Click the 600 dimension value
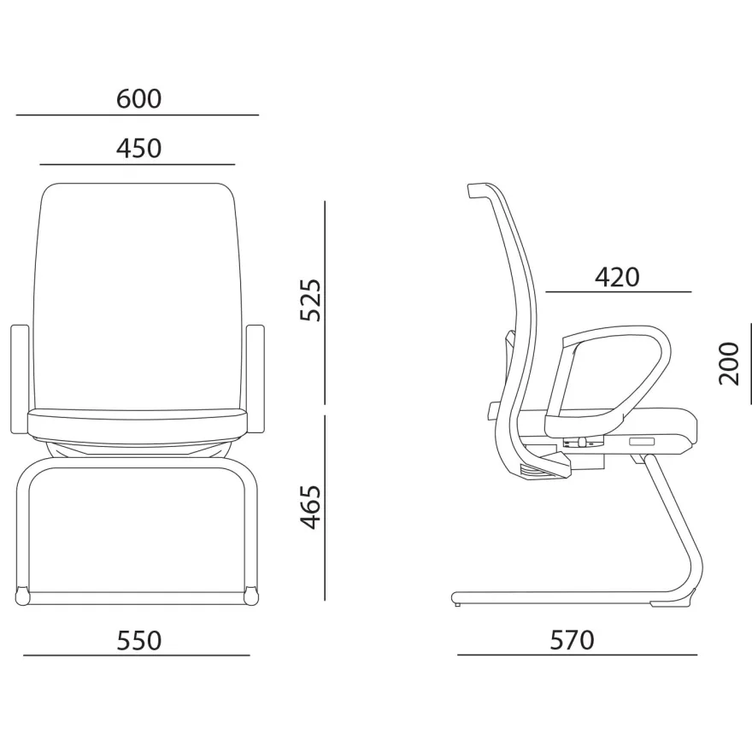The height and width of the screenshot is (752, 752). point(138,99)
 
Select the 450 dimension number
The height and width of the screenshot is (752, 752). point(138,149)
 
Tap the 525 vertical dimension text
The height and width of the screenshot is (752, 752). point(310,300)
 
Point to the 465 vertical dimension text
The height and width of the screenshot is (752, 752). point(310,507)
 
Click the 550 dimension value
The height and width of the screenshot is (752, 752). point(139,641)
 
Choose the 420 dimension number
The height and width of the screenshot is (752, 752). point(617,277)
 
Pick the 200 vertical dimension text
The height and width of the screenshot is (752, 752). point(729,363)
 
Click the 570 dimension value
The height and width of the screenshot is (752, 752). point(573,640)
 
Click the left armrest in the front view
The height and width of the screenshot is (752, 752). point(19,379)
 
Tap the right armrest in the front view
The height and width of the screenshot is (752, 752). point(256,379)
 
